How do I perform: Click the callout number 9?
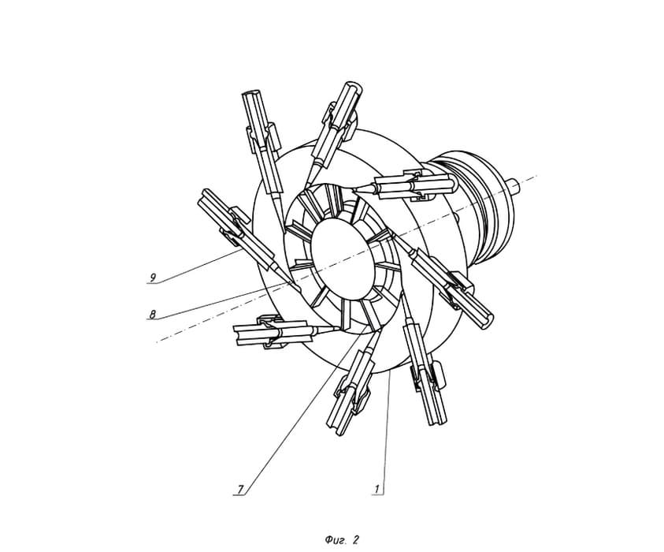tap(154, 278)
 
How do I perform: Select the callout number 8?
tap(153, 314)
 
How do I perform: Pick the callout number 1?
tap(377, 489)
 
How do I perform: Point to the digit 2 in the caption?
tap(356, 539)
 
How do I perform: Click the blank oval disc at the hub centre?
tap(343, 259)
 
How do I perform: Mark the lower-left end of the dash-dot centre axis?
tap(157, 341)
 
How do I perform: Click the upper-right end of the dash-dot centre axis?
tap(537, 175)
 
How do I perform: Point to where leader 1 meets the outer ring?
tap(390, 373)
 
